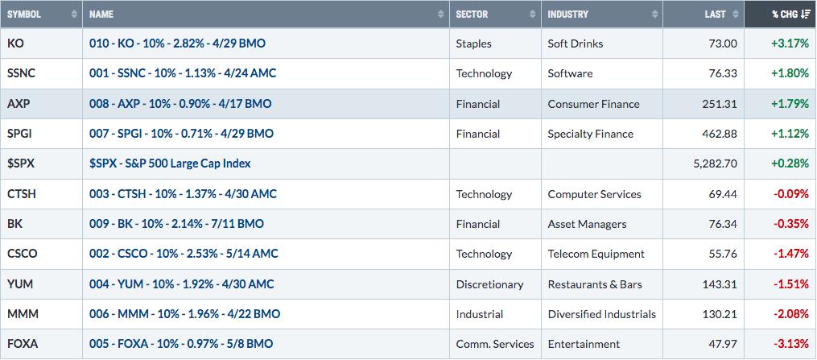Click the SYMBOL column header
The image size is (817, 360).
click(x=24, y=14)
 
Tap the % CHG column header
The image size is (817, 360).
click(x=786, y=14)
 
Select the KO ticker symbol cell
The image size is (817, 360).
click(x=15, y=43)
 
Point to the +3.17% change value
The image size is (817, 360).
click(x=790, y=43)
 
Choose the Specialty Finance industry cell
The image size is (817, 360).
click(x=590, y=134)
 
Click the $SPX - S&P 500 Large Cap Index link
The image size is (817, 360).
click(x=170, y=163)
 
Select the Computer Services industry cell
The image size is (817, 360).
click(x=595, y=194)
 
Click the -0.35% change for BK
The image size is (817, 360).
click(x=790, y=224)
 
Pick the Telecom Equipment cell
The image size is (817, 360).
click(x=596, y=254)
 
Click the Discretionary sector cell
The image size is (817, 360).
click(x=489, y=284)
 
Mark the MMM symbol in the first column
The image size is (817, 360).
click(x=23, y=314)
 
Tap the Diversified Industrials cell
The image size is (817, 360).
click(x=602, y=314)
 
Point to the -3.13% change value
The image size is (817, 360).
click(x=790, y=345)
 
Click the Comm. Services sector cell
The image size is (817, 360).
click(x=495, y=345)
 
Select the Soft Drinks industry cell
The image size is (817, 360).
click(x=576, y=43)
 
